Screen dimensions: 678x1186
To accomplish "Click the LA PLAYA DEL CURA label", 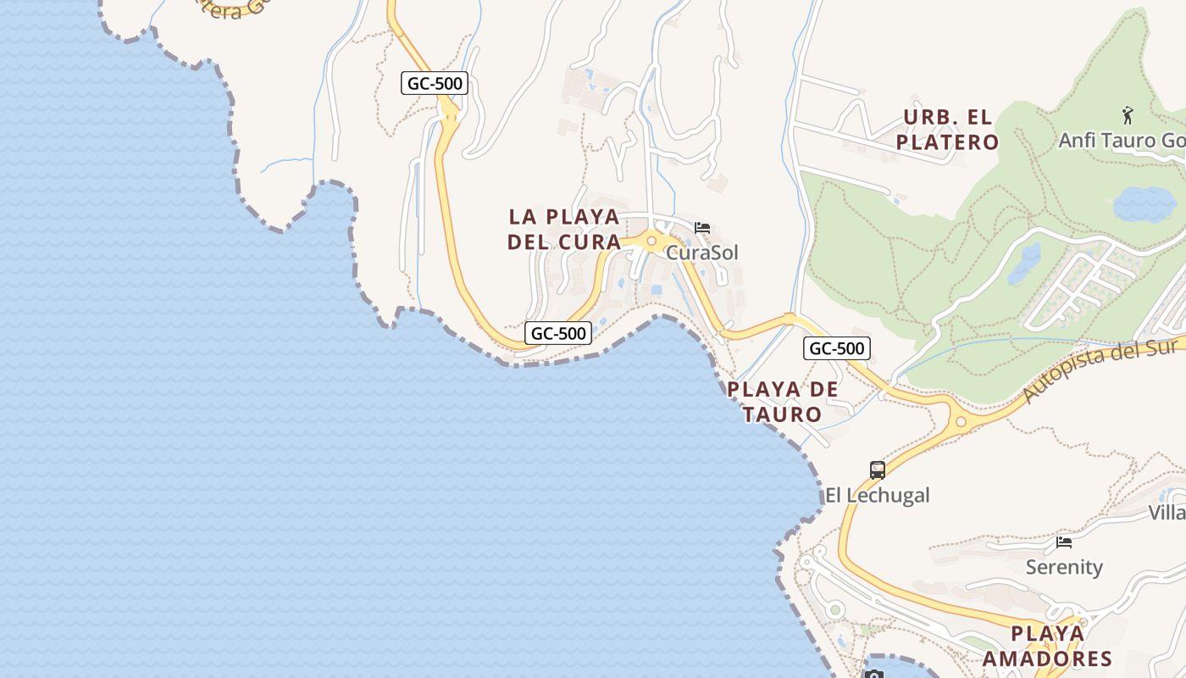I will (563, 229).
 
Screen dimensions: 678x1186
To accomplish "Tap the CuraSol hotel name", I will (701, 253).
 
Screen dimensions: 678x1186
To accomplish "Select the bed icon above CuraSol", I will (701, 228).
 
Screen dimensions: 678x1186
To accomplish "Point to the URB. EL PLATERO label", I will (947, 130).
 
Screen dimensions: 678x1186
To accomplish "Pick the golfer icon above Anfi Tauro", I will (1128, 114).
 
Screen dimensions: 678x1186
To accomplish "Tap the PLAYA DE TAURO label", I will (783, 402).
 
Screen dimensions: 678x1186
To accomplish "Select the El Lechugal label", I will (878, 495).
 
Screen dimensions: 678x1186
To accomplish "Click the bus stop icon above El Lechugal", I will (878, 470).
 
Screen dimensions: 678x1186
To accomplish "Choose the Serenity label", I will (1064, 567).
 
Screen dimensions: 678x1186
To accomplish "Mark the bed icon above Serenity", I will (1064, 542).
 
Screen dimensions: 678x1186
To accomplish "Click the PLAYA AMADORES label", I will (1047, 646).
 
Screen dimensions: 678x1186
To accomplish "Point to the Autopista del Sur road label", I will (1101, 369).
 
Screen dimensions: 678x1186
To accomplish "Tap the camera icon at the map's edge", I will (873, 674).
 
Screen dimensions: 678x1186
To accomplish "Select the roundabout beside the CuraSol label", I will (651, 242).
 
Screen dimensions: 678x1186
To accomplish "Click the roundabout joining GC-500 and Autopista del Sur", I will (961, 420).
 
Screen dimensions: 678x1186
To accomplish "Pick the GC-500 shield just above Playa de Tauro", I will (837, 348).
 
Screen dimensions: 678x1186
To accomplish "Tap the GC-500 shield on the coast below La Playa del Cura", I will (557, 333).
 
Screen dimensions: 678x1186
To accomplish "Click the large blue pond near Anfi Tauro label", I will (1144, 204).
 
